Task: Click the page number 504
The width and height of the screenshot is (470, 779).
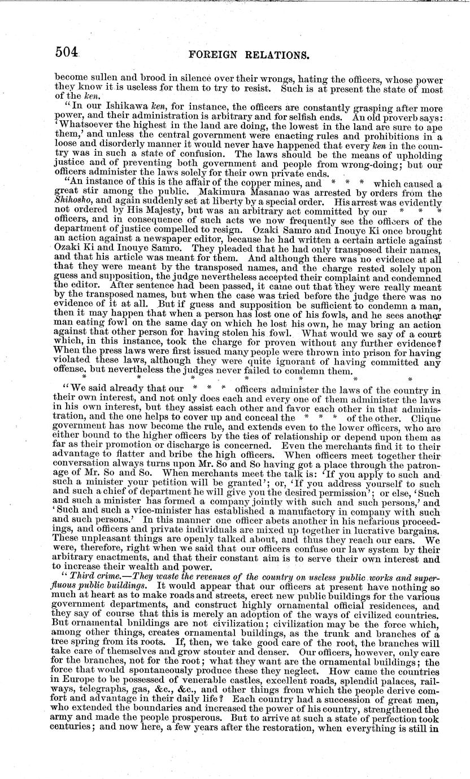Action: click(x=67, y=54)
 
